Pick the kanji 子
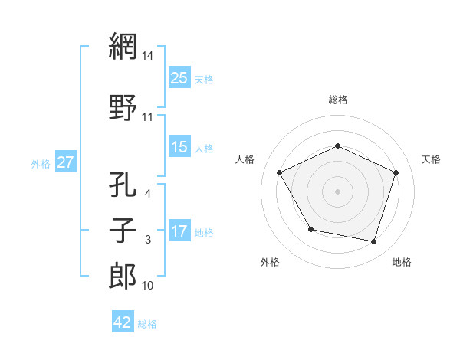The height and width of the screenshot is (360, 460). (123, 231)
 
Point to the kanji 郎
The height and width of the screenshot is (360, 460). (123, 277)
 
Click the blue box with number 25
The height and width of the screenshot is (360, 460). (179, 79)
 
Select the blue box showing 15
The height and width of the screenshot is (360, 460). (179, 148)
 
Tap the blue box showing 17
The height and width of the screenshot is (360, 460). (179, 231)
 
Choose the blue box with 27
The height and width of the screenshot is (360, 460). (66, 162)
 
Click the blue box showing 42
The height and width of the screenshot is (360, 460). (123, 323)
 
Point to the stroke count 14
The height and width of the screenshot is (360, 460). (149, 56)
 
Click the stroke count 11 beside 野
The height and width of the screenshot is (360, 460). (149, 117)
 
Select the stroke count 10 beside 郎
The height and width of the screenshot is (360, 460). (149, 286)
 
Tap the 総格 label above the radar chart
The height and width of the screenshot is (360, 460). (338, 100)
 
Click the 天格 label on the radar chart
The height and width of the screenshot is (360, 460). (431, 159)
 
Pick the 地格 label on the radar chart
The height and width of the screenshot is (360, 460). (402, 263)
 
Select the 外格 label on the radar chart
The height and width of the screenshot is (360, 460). (270, 263)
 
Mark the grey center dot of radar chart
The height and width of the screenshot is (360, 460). (338, 191)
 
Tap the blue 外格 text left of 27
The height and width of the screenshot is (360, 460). (40, 163)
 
